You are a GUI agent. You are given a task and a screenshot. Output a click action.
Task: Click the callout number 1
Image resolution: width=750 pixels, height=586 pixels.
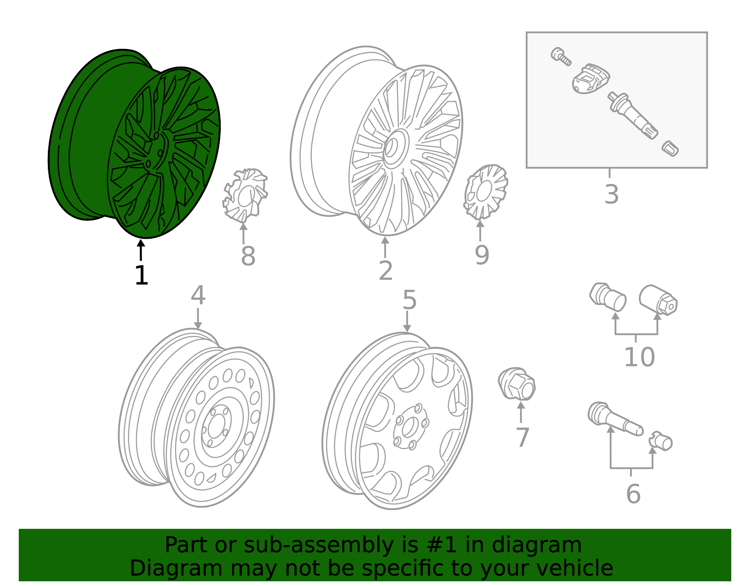pyautogui.click(x=141, y=275)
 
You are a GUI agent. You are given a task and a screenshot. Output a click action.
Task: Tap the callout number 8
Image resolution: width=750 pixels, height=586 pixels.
pyautogui.click(x=248, y=256)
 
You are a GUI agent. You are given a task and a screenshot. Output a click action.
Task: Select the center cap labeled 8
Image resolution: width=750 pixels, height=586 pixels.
pyautogui.click(x=245, y=195)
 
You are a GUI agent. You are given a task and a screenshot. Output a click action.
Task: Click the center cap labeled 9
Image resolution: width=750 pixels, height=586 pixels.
pyautogui.click(x=486, y=191)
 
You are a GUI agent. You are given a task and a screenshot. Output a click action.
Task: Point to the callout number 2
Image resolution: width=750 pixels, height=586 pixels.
pyautogui.click(x=385, y=271)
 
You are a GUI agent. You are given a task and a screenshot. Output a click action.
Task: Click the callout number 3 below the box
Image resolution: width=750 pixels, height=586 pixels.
pyautogui.click(x=611, y=194)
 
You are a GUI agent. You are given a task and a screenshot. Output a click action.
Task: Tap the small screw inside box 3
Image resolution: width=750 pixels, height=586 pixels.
pyautogui.click(x=561, y=56)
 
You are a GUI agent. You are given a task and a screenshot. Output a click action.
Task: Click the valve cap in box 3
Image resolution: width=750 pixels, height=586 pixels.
pyautogui.click(x=670, y=148)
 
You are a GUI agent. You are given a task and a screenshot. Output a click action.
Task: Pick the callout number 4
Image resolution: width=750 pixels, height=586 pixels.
pyautogui.click(x=198, y=296)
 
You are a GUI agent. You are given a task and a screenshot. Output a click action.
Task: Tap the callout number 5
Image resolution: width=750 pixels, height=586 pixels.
pyautogui.click(x=409, y=300)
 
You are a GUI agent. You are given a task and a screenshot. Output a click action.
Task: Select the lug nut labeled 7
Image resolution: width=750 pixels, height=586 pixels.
pyautogui.click(x=517, y=384)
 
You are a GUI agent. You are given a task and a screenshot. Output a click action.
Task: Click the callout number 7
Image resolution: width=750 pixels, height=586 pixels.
pyautogui.click(x=522, y=437)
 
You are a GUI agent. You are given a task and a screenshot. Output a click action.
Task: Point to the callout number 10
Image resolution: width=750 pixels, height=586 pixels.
pyautogui.click(x=639, y=358)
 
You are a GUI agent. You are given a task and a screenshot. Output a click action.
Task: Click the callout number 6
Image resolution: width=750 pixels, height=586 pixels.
pyautogui.click(x=633, y=494)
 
